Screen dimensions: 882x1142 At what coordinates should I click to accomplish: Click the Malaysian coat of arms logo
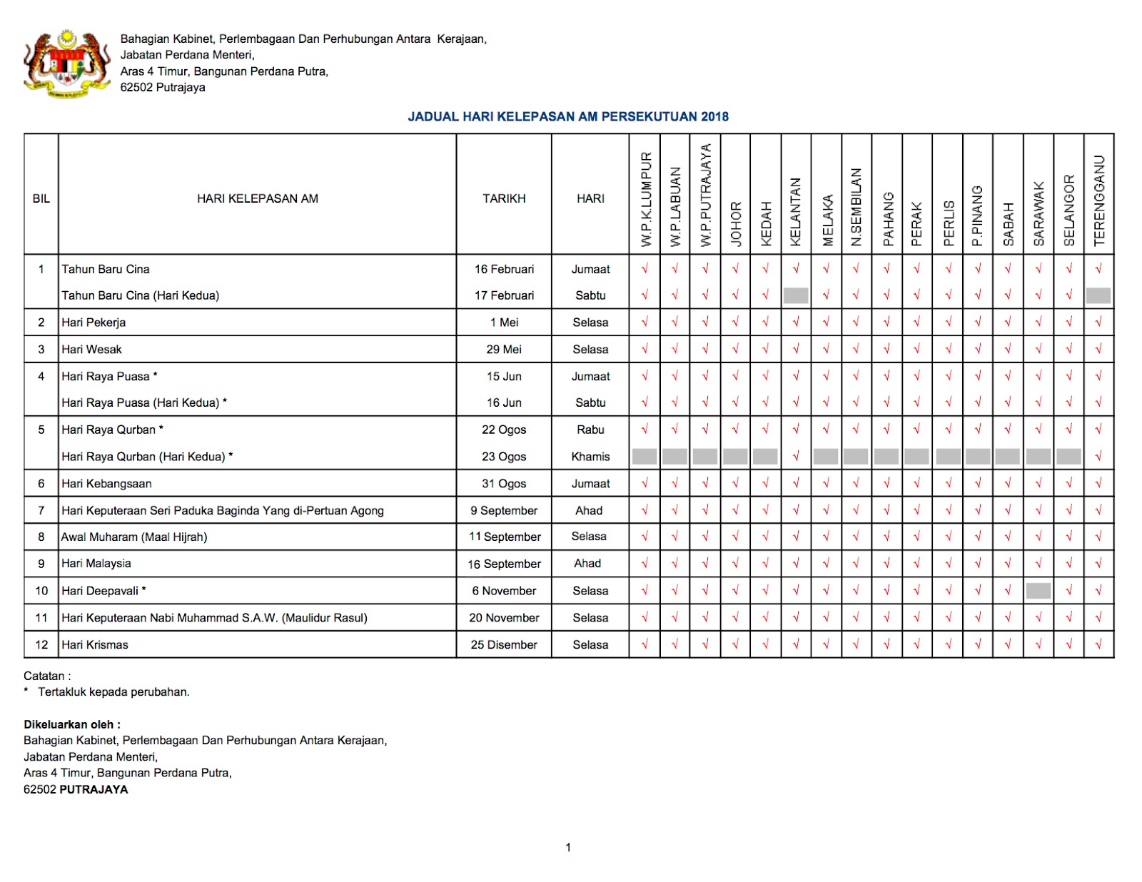pos(67,64)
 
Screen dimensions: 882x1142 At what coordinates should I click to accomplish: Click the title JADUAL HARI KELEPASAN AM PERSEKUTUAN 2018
pos(568,116)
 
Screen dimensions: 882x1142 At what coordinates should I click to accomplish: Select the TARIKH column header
pos(504,198)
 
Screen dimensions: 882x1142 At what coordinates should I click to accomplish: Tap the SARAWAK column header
pos(1039,213)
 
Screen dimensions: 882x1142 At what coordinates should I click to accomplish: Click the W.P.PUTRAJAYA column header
pos(705,196)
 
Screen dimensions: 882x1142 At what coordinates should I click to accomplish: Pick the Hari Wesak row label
pos(91,350)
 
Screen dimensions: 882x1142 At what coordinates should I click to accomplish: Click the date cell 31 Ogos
pos(504,484)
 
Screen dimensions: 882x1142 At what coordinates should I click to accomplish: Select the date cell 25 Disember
pos(504,645)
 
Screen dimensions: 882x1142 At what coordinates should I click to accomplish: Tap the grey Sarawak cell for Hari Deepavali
pos(1039,591)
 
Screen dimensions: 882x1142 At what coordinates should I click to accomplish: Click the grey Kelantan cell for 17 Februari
pos(796,295)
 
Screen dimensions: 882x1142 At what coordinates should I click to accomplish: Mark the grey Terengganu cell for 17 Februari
pos(1098,295)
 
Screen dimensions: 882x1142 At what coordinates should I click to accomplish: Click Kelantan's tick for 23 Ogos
pos(796,457)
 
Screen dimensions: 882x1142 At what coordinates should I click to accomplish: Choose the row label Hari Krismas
pos(95,645)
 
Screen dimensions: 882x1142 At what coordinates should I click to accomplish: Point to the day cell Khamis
pos(590,457)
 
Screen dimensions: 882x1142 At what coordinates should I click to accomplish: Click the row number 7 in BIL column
pos(41,511)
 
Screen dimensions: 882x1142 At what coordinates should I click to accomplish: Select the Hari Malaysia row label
pos(96,564)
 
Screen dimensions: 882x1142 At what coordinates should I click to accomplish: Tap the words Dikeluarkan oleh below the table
pos(72,724)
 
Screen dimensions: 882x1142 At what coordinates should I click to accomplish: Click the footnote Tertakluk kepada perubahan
pos(113,692)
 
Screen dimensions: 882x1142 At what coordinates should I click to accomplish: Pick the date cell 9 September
pos(504,511)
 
